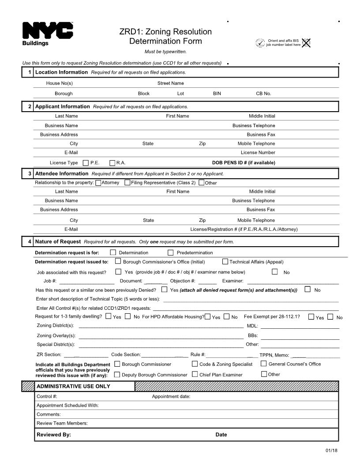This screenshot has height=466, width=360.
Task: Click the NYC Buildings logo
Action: pyautogui.click(x=48, y=34)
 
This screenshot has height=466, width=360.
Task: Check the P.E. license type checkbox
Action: pyautogui.click(x=86, y=163)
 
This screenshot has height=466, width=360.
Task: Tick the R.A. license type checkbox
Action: pyautogui.click(x=112, y=163)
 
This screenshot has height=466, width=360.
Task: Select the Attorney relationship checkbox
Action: pyautogui.click(x=98, y=183)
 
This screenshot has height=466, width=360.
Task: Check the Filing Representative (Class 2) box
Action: pyautogui.click(x=127, y=183)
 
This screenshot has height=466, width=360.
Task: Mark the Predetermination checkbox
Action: pyautogui.click(x=171, y=253)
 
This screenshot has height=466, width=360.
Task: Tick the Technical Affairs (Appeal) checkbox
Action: pyautogui.click(x=225, y=262)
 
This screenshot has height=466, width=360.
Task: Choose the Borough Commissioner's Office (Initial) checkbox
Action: pyautogui.click(x=118, y=262)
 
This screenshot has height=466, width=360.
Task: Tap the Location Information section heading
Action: pyautogui.click(x=61, y=72)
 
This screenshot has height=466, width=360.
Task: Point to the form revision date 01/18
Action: pyautogui.click(x=331, y=451)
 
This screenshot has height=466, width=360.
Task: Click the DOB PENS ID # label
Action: pyautogui.click(x=244, y=163)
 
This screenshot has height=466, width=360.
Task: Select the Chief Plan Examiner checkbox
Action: pyautogui.click(x=195, y=375)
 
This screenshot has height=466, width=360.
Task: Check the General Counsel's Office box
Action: pyautogui.click(x=264, y=364)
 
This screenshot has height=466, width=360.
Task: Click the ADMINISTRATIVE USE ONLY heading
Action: pyautogui.click(x=73, y=387)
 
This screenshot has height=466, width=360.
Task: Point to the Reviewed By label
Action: pyautogui.click(x=54, y=435)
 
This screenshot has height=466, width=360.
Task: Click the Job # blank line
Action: pyautogui.click(x=86, y=281)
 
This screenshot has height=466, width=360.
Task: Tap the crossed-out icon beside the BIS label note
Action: pyautogui.click(x=306, y=43)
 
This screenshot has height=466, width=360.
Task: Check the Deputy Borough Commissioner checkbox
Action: pyautogui.click(x=117, y=375)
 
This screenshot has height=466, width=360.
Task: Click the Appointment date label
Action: pyautogui.click(x=171, y=397)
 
